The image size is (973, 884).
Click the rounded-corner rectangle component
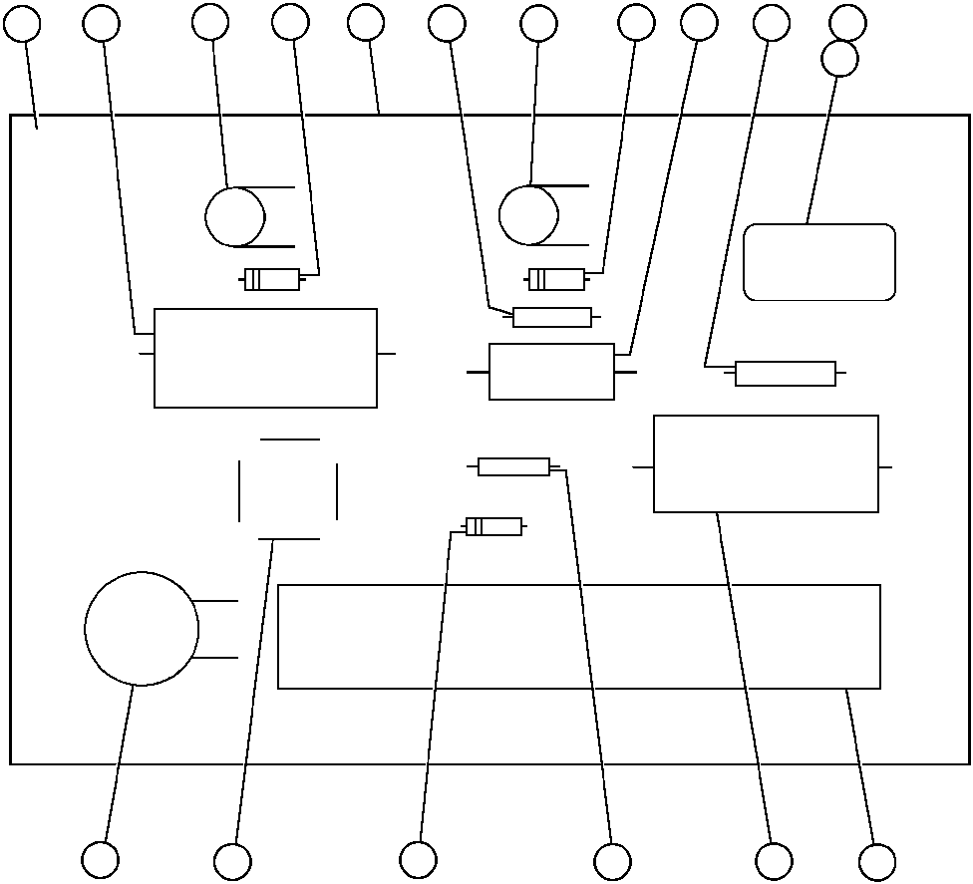[819, 262]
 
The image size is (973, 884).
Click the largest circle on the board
[142, 629]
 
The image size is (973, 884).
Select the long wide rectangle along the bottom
[578, 636]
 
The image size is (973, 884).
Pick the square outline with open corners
[288, 489]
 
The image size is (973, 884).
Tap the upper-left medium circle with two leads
[235, 217]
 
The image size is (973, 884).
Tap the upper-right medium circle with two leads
[528, 214]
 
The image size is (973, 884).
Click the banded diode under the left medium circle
[272, 280]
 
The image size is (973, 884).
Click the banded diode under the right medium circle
[556, 279]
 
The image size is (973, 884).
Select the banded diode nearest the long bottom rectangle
[493, 526]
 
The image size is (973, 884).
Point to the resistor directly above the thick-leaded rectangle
[551, 317]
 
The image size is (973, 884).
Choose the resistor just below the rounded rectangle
[785, 374]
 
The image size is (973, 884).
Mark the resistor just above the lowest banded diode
[513, 466]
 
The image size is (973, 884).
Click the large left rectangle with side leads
[265, 358]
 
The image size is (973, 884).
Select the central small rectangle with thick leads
[551, 372]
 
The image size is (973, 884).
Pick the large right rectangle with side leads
[766, 464]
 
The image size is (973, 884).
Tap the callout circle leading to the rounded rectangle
[839, 59]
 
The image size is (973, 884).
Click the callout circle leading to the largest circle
[100, 860]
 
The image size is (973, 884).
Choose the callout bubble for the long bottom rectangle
[877, 862]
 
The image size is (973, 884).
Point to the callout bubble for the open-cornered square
[232, 862]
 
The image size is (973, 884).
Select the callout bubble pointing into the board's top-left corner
[22, 24]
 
